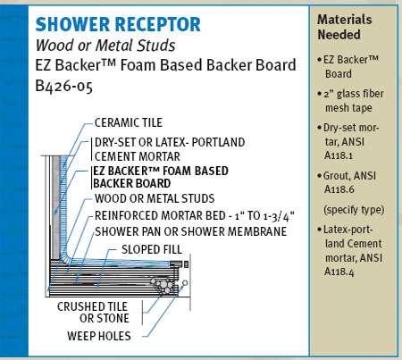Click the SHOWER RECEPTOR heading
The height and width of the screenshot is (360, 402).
(x=118, y=24)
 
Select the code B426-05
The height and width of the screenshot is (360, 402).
(x=64, y=87)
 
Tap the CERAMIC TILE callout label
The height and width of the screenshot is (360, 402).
(x=129, y=122)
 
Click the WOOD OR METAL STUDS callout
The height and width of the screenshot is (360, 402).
(x=155, y=198)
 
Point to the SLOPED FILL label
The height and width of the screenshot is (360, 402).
(x=152, y=249)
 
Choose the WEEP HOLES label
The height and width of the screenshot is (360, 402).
(x=99, y=336)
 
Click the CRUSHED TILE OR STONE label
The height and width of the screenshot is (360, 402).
(x=93, y=313)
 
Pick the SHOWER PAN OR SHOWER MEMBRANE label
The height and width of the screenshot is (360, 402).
(x=190, y=231)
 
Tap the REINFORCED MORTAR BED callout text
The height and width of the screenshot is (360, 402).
(x=195, y=215)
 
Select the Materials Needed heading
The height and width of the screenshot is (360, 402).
(x=345, y=27)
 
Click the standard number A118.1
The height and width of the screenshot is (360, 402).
(x=339, y=155)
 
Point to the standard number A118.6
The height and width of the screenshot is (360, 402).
(x=339, y=189)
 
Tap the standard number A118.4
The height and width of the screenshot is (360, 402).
(x=339, y=272)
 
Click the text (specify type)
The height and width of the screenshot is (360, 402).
(x=354, y=210)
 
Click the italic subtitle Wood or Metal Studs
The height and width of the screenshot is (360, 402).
(x=105, y=46)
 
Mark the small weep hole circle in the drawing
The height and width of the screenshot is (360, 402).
(x=185, y=283)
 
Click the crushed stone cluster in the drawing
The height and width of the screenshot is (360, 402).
(x=163, y=286)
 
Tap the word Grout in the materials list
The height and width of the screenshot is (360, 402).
(x=335, y=176)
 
